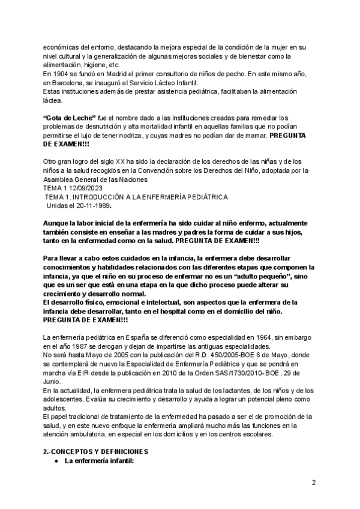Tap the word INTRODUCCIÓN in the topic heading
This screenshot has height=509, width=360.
coord(103,197)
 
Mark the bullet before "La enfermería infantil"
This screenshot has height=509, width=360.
coord(56,460)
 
